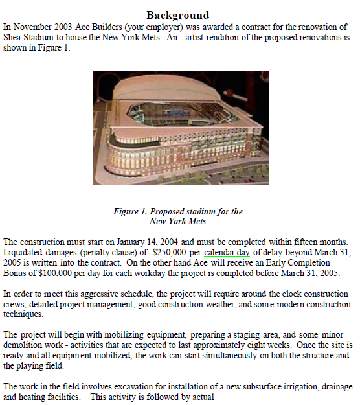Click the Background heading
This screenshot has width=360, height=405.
(x=177, y=14)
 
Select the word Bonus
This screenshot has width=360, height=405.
(x=17, y=273)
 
